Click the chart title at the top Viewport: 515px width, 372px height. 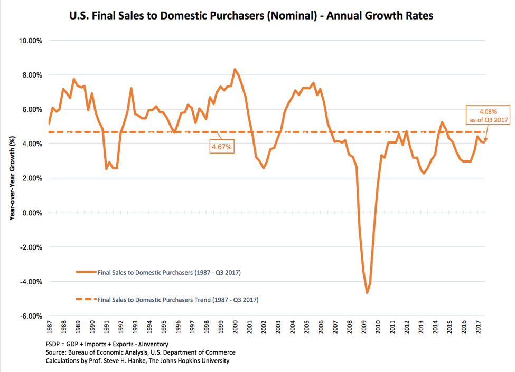pos(251,16)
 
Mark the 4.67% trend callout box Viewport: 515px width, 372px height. pos(221,147)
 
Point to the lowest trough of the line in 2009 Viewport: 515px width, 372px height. pos(367,293)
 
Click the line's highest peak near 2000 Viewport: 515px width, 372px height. pos(235,69)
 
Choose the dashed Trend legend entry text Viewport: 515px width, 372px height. pos(178,300)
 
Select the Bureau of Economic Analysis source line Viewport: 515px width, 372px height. pos(141,352)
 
